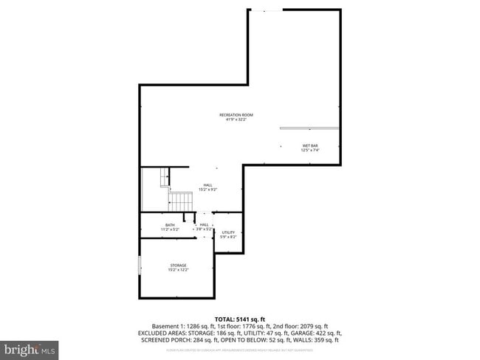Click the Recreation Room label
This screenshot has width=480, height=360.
(x=236, y=115)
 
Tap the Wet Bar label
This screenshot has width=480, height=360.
(x=310, y=145)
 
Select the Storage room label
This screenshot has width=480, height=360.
(x=177, y=265)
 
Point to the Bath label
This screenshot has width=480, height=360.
(x=170, y=225)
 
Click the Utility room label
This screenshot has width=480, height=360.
(x=228, y=232)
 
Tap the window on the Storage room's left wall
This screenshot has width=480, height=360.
(x=139, y=266)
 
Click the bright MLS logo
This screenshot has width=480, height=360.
(x=30, y=347)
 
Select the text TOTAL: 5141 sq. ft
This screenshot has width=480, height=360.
(x=240, y=319)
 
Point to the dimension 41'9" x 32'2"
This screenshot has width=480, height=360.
(x=236, y=120)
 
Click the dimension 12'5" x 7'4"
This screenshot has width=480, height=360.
(x=310, y=150)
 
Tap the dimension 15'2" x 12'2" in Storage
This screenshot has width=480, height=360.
(x=177, y=270)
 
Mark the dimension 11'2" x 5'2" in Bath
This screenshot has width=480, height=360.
(x=170, y=230)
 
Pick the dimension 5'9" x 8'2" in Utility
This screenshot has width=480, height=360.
(x=228, y=238)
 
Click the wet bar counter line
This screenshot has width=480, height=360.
(x=310, y=128)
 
